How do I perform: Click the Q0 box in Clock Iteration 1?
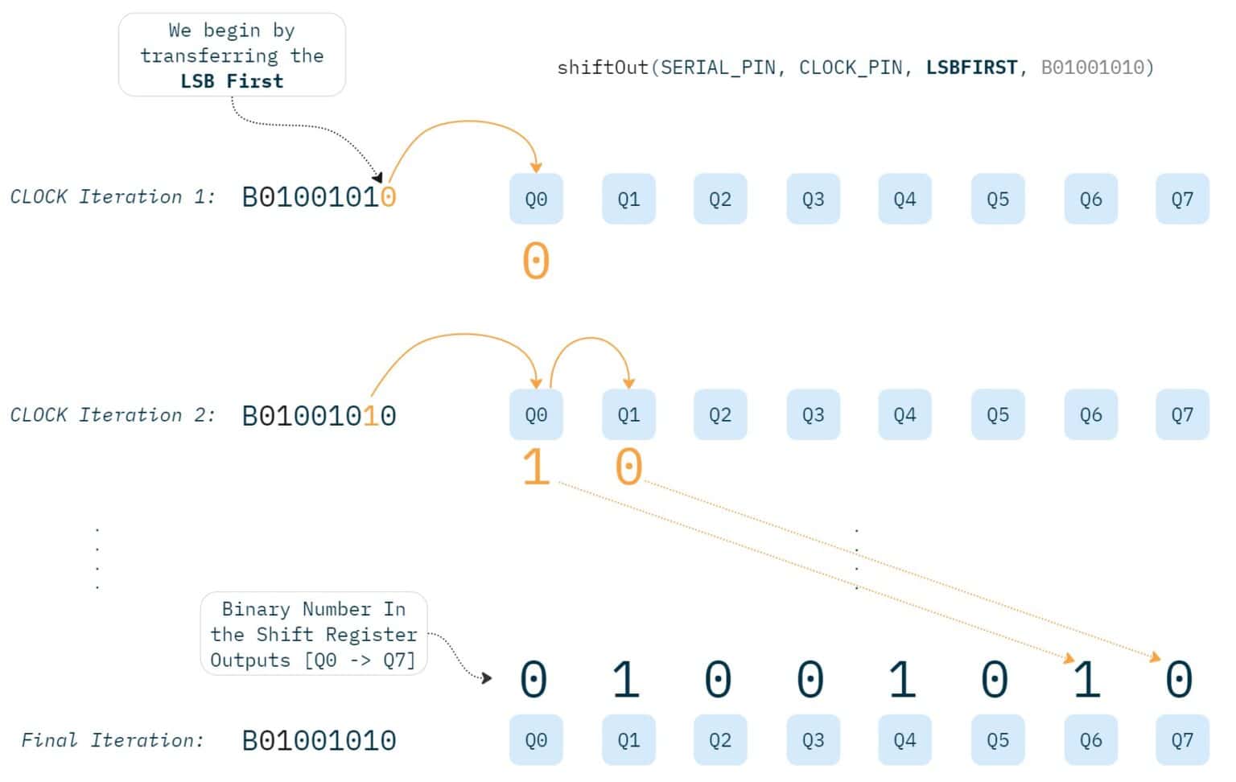[536, 199]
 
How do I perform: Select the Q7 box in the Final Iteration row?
[1182, 739]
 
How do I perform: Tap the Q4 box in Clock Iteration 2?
[904, 414]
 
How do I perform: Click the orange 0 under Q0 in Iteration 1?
[536, 261]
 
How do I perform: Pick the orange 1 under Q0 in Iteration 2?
[536, 467]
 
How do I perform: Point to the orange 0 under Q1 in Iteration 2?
[628, 467]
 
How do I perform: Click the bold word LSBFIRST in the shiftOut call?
[971, 68]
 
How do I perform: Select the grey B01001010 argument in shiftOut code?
[1097, 68]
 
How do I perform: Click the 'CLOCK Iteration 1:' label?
[113, 197]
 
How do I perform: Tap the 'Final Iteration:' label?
[113, 740]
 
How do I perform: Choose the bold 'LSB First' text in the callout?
[232, 81]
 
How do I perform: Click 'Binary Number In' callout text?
[313, 609]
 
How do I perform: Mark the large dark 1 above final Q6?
[1087, 680]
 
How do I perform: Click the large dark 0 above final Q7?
[1180, 680]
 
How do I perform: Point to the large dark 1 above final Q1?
[626, 680]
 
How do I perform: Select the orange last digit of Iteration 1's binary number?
[389, 197]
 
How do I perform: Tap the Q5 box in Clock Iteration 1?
[997, 199]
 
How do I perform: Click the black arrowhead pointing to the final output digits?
[486, 678]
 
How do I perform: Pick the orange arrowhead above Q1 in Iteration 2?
[628, 384]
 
